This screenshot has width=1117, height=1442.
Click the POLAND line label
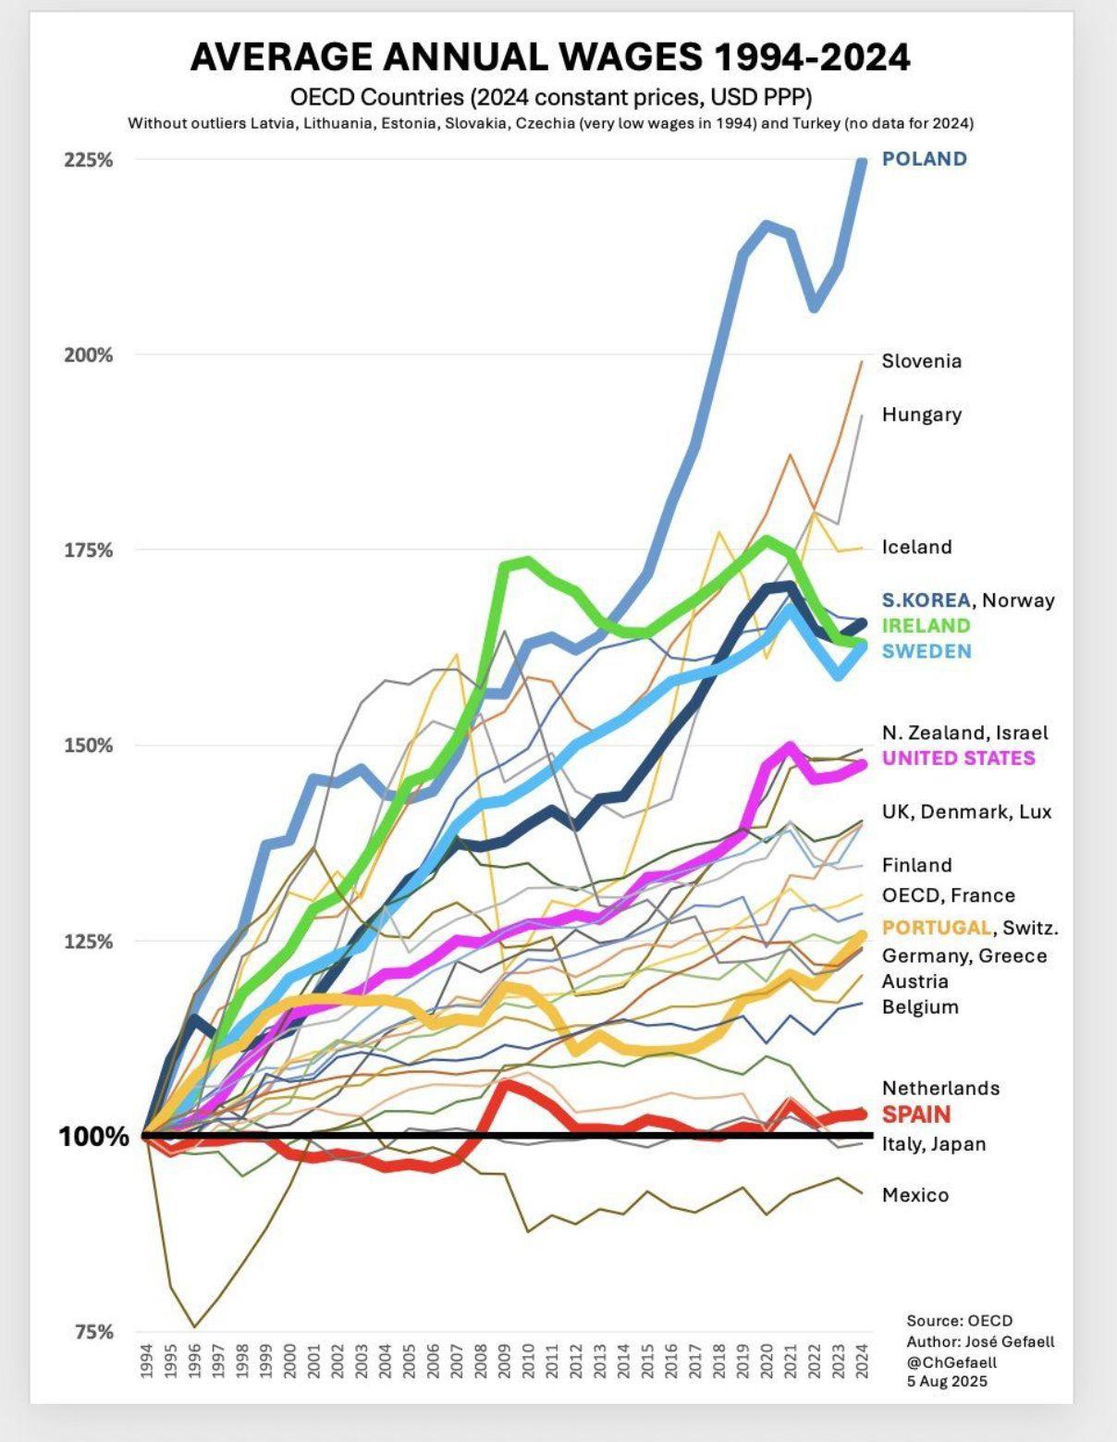tap(924, 159)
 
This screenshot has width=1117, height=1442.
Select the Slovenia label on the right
tap(921, 362)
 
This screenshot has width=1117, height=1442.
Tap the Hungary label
tap(921, 414)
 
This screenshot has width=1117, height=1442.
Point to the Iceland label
tap(916, 548)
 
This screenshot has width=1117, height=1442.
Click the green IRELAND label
tap(926, 625)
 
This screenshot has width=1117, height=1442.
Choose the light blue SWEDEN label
tap(927, 651)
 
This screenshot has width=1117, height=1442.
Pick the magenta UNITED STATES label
tap(958, 758)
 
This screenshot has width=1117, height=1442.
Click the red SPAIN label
tap(916, 1115)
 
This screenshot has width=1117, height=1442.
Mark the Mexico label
tap(915, 1195)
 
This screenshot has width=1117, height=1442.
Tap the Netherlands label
tap(940, 1089)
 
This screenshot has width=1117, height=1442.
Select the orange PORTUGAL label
tap(936, 928)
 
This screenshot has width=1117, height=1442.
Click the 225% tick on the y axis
tap(89, 160)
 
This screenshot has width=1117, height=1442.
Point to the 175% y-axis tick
tap(89, 551)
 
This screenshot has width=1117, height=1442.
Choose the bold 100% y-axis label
tap(94, 1137)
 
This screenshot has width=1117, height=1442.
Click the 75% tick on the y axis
tap(93, 1332)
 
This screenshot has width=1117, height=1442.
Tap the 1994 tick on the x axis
tap(146, 1361)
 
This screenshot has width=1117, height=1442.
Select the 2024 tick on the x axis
tap(861, 1361)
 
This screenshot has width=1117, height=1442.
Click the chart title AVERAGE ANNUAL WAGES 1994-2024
tap(550, 57)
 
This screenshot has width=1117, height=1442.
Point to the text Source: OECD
tap(959, 1321)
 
